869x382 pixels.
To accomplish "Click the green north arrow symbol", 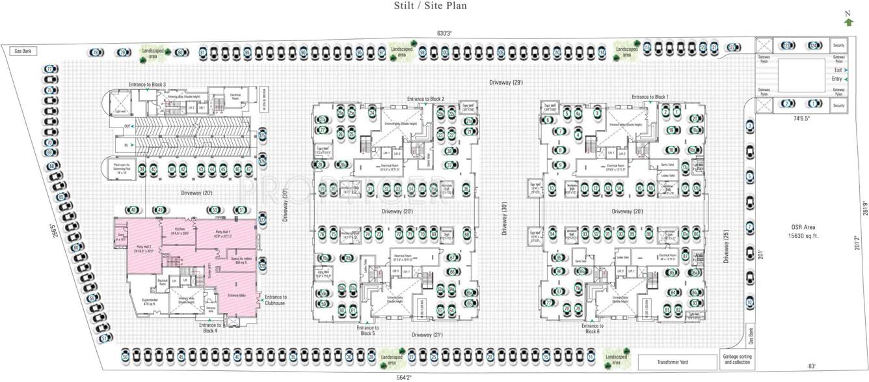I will click(x=848, y=22).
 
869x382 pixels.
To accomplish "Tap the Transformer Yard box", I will click(x=676, y=362).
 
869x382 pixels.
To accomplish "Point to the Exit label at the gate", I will click(x=838, y=70).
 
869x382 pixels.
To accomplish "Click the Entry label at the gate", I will click(x=837, y=79).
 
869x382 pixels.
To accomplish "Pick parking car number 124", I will click(x=813, y=46).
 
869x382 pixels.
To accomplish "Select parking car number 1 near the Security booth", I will click(x=812, y=103).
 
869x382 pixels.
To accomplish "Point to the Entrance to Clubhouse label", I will click(x=276, y=299).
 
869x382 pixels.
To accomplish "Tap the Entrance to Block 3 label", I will click(x=147, y=85).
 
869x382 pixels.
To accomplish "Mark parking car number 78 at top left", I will click(x=96, y=52).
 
